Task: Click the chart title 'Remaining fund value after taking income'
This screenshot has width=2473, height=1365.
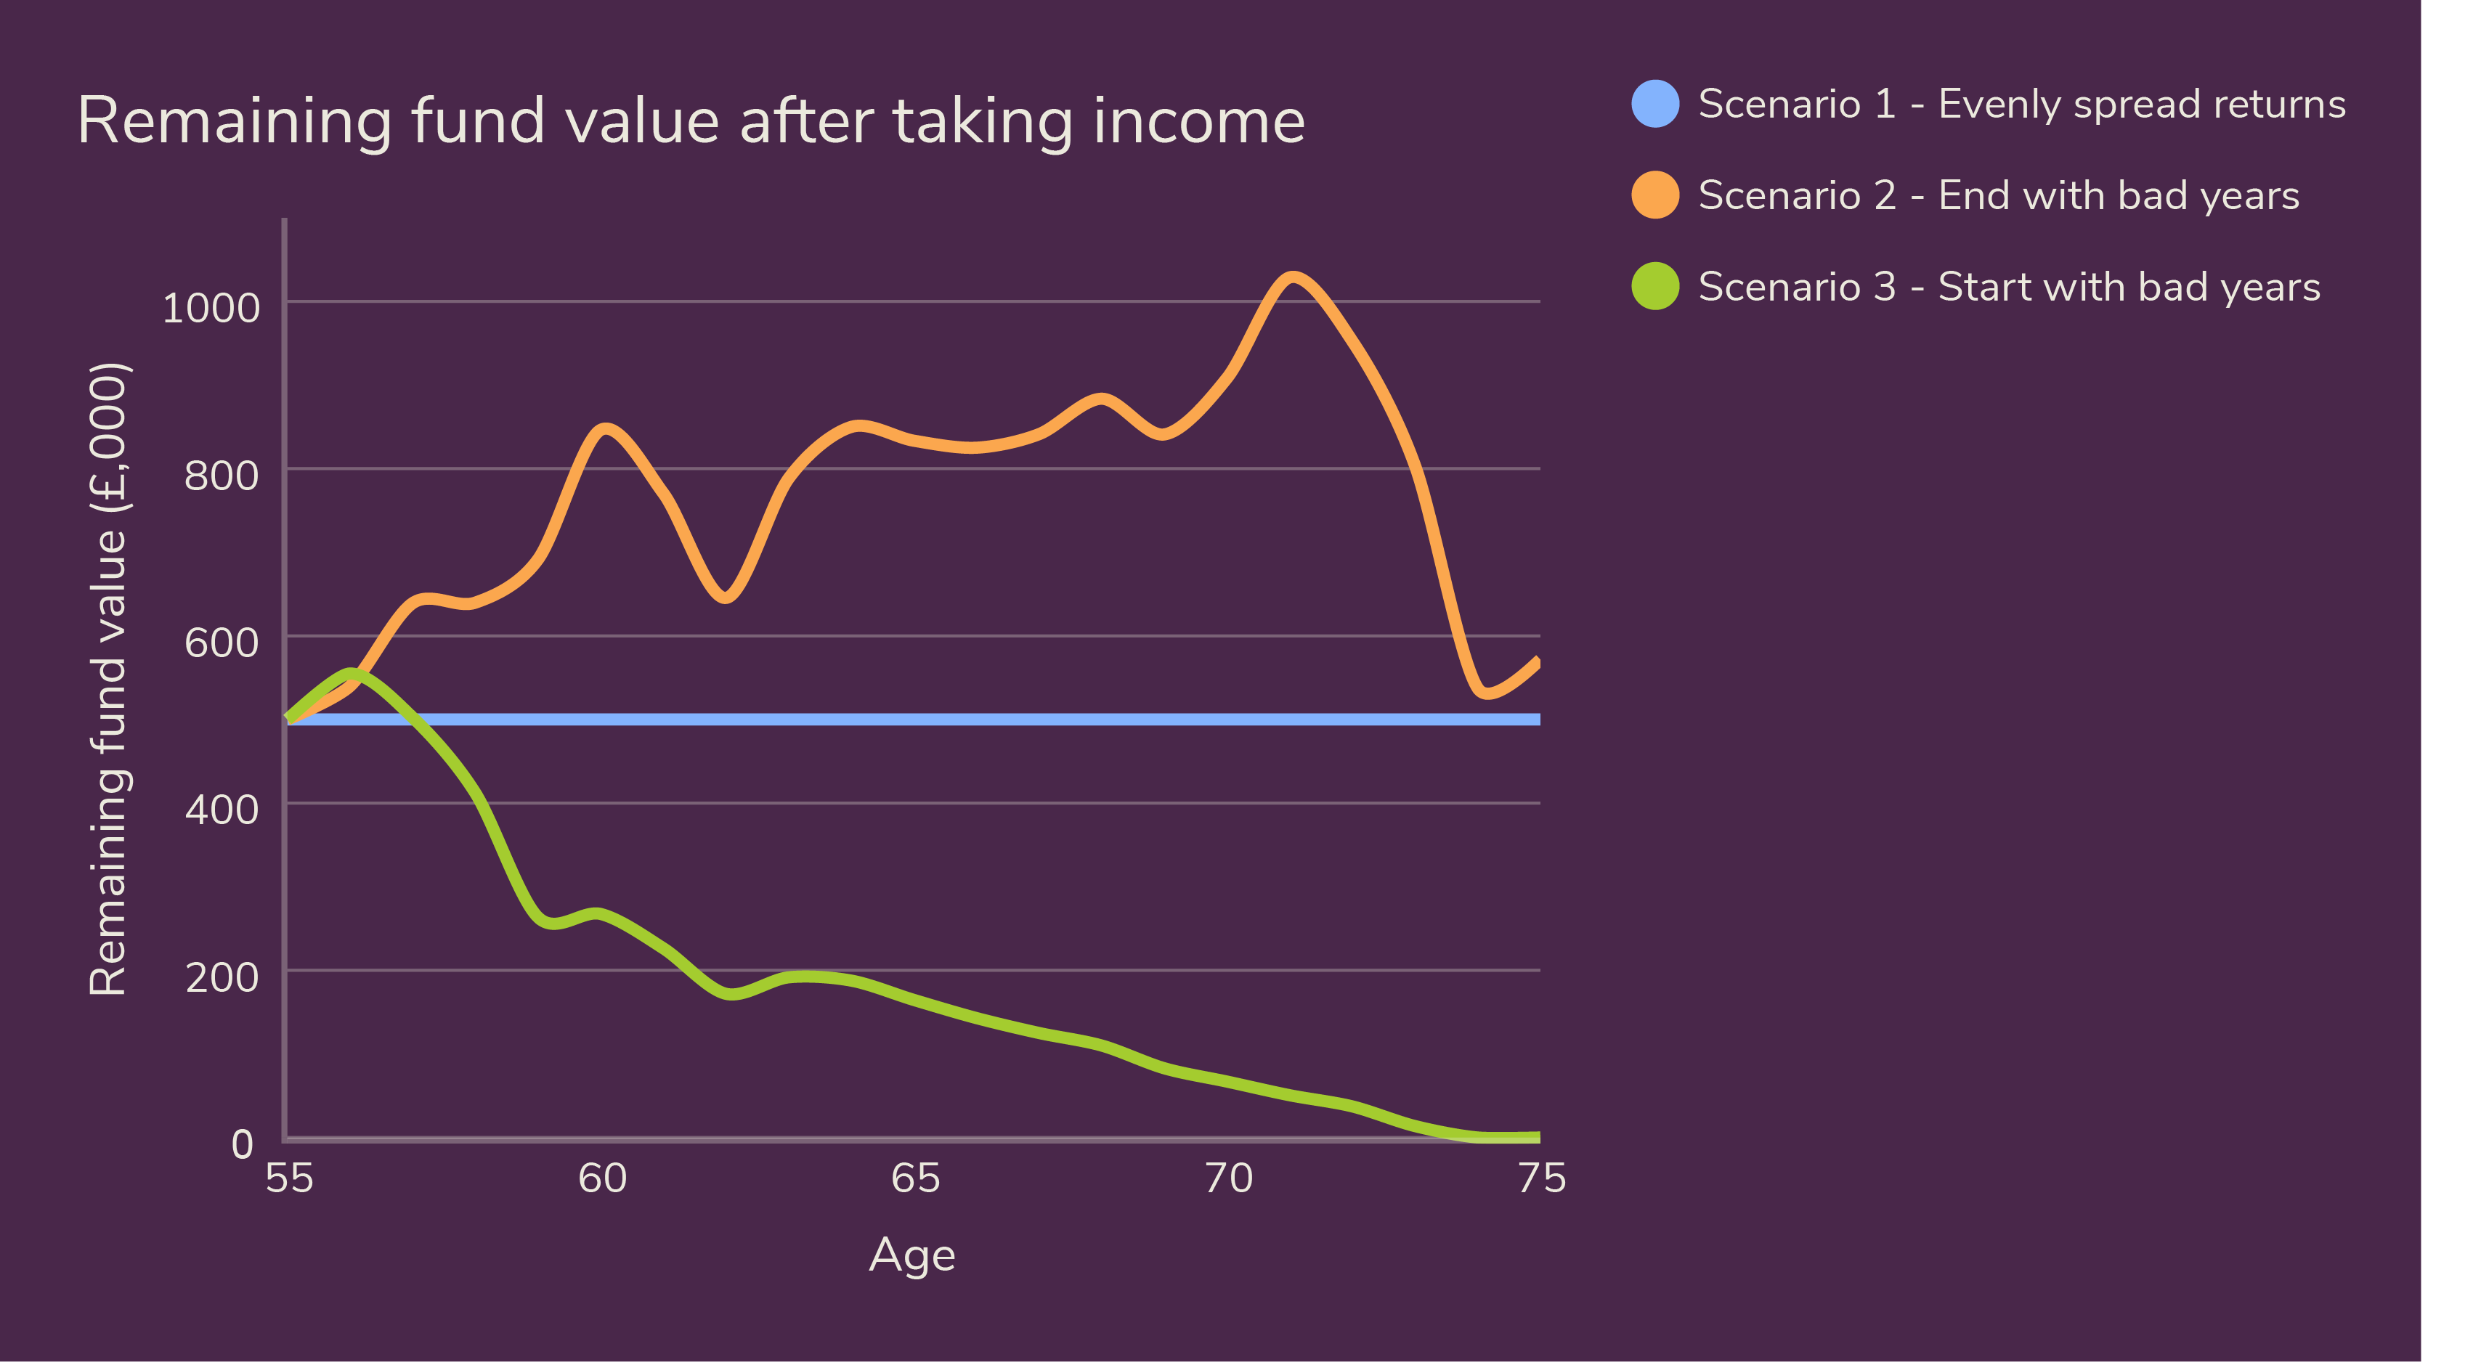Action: [691, 122]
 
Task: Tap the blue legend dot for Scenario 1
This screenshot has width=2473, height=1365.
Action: [1656, 104]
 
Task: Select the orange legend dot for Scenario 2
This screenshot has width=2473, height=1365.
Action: [1656, 195]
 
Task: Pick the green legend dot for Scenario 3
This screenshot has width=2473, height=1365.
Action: [1656, 286]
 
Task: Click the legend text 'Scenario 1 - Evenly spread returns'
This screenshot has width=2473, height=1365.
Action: [2022, 105]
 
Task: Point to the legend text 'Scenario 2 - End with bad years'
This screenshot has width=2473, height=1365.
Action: [1999, 196]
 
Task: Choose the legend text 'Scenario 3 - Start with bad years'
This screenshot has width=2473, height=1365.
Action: [2010, 287]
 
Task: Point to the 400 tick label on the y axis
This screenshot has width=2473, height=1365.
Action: [222, 810]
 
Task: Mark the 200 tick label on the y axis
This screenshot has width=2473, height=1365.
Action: [222, 977]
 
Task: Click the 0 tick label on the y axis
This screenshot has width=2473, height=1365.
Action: [243, 1144]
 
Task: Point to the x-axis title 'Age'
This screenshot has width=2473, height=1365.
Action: [912, 1255]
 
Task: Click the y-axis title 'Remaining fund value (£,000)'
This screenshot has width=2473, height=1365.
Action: [107, 679]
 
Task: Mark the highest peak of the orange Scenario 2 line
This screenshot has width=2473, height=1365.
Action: [1293, 277]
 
